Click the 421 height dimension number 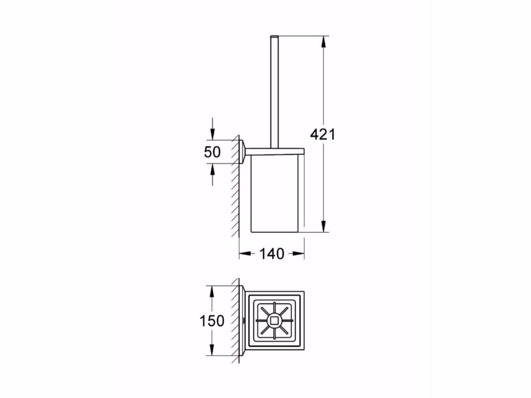(322, 134)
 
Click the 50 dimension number (212, 152)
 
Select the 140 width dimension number (272, 254)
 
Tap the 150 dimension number (212, 321)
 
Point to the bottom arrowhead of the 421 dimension (323, 227)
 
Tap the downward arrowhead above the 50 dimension (212, 134)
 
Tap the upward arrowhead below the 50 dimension (212, 169)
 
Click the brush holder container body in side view (273, 195)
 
